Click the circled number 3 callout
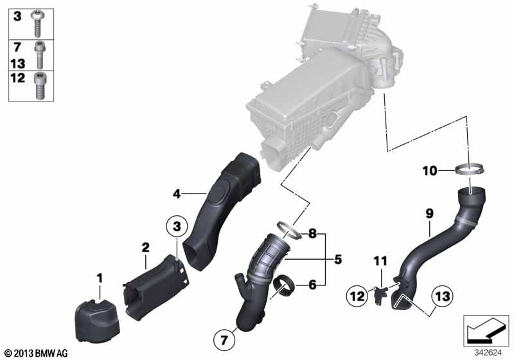click(x=177, y=226)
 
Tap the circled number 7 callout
click(x=224, y=340)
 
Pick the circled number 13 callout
click(x=443, y=296)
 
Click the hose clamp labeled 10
click(x=470, y=169)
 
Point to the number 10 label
click(x=430, y=171)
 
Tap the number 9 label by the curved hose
click(x=429, y=214)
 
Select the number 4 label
click(x=177, y=194)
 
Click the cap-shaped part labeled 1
click(x=98, y=322)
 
